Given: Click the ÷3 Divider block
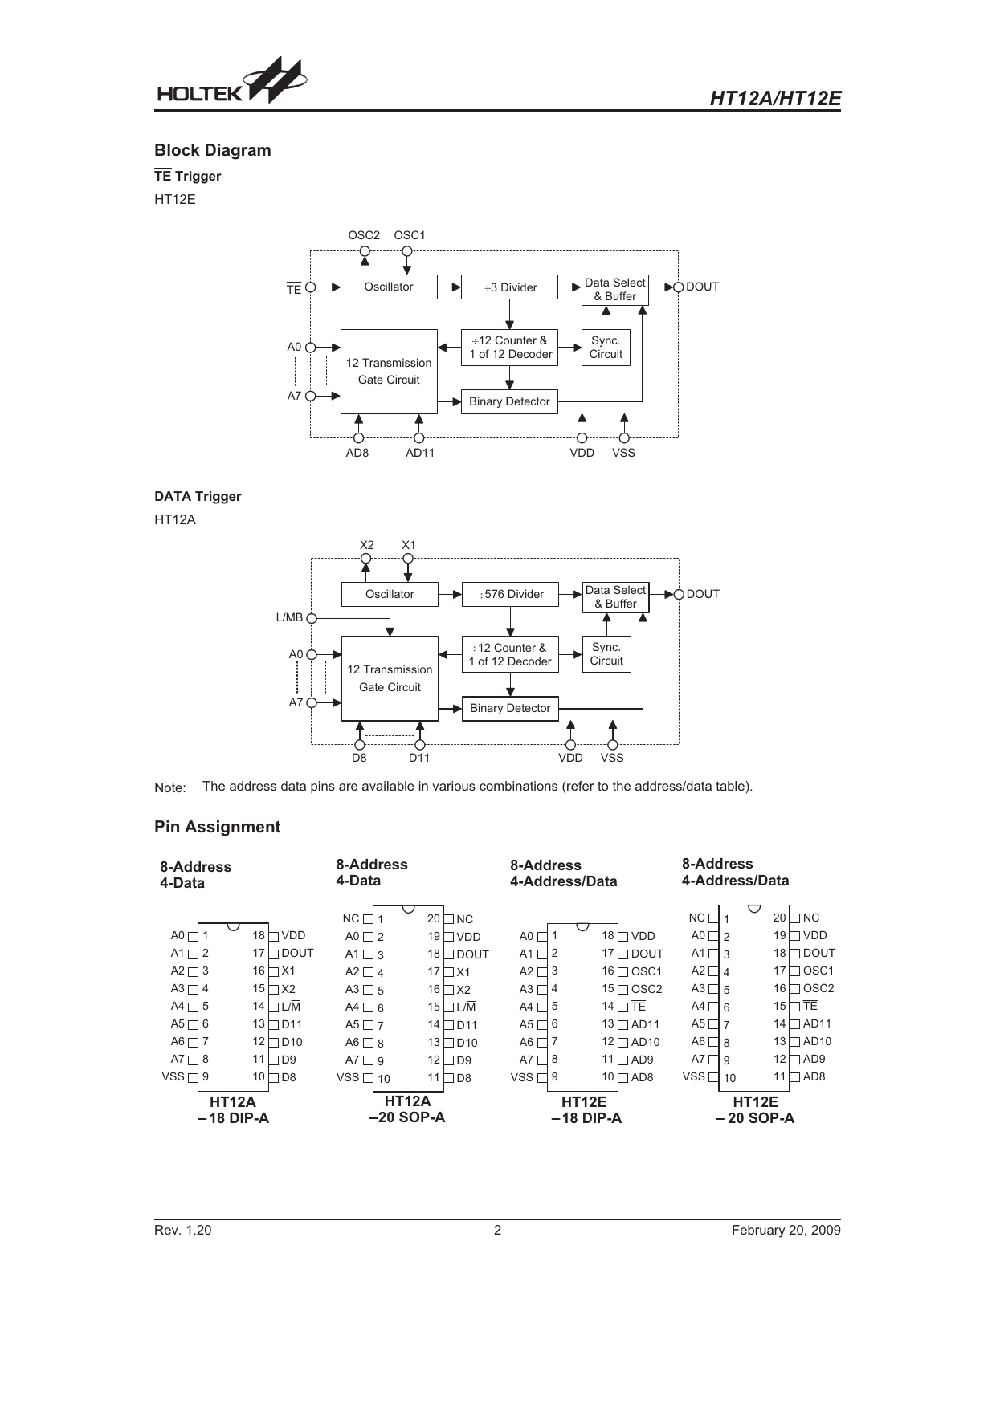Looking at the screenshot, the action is (x=509, y=287).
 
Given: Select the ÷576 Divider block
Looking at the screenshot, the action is (x=510, y=594).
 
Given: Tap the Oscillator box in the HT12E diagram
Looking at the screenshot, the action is (x=389, y=287).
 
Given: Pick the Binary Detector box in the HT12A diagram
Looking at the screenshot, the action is (x=510, y=709).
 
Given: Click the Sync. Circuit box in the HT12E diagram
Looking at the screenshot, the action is (x=606, y=348).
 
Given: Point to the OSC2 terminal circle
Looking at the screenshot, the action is (x=365, y=251).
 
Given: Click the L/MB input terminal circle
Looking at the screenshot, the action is (x=312, y=618).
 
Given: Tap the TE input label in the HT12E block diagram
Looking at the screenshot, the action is (x=294, y=289).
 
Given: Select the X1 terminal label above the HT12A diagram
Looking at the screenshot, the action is (x=408, y=545).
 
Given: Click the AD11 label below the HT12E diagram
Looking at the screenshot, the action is (x=420, y=453).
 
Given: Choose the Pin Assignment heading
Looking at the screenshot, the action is (x=217, y=827).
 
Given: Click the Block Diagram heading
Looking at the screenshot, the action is (x=213, y=150).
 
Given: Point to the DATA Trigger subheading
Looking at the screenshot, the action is (x=198, y=496).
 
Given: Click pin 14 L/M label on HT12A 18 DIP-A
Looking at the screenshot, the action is (x=291, y=1007).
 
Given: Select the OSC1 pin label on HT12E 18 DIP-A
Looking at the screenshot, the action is (x=647, y=971).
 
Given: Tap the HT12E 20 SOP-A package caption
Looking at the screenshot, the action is (x=755, y=1110).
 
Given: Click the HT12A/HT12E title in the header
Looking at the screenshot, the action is (x=775, y=98).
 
